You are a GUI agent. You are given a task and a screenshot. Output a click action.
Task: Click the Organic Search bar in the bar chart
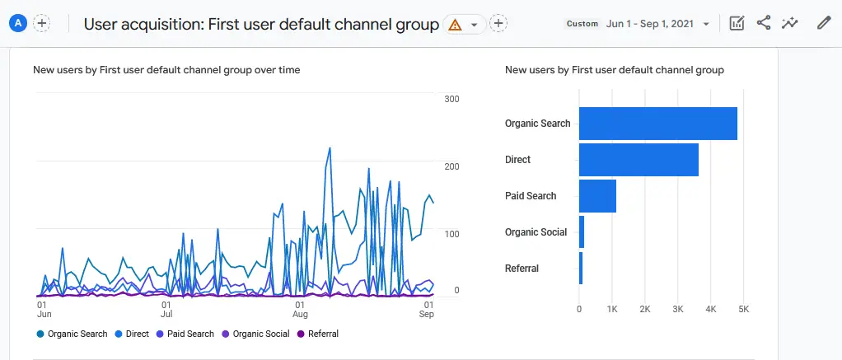pyautogui.click(x=657, y=124)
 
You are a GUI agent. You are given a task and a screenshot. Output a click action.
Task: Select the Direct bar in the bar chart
pyautogui.click(x=639, y=160)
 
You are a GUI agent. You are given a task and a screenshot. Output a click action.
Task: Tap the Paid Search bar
pyautogui.click(x=597, y=196)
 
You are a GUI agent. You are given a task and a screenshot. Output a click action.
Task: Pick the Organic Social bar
pyautogui.click(x=582, y=232)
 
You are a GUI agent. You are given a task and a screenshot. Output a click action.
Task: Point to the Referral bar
pyautogui.click(x=581, y=269)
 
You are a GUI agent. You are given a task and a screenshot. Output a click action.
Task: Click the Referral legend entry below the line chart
pyautogui.click(x=318, y=334)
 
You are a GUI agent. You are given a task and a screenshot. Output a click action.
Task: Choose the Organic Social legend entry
pyautogui.click(x=255, y=334)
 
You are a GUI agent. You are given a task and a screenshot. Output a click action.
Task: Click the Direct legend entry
pyautogui.click(x=131, y=334)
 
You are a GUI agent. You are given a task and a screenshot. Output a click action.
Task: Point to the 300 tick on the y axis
pyautogui.click(x=451, y=99)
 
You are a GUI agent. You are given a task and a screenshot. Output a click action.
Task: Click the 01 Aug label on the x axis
pyautogui.click(x=301, y=310)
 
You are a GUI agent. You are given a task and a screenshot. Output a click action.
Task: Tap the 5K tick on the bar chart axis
pyautogui.click(x=743, y=309)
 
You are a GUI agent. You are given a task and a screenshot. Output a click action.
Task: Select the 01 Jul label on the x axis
pyautogui.click(x=166, y=310)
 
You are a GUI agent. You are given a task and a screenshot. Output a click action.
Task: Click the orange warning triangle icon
pyautogui.click(x=454, y=24)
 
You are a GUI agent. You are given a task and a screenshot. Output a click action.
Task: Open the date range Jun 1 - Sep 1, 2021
pyautogui.click(x=657, y=24)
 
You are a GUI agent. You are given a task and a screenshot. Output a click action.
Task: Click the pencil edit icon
pyautogui.click(x=823, y=23)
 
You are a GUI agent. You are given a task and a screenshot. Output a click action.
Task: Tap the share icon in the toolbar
pyautogui.click(x=764, y=23)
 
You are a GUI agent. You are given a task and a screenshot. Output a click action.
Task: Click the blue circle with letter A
pyautogui.click(x=17, y=23)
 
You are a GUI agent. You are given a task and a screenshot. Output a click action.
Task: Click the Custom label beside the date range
pyautogui.click(x=582, y=24)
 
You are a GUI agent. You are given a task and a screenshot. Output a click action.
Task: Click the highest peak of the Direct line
pyautogui.click(x=330, y=148)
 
